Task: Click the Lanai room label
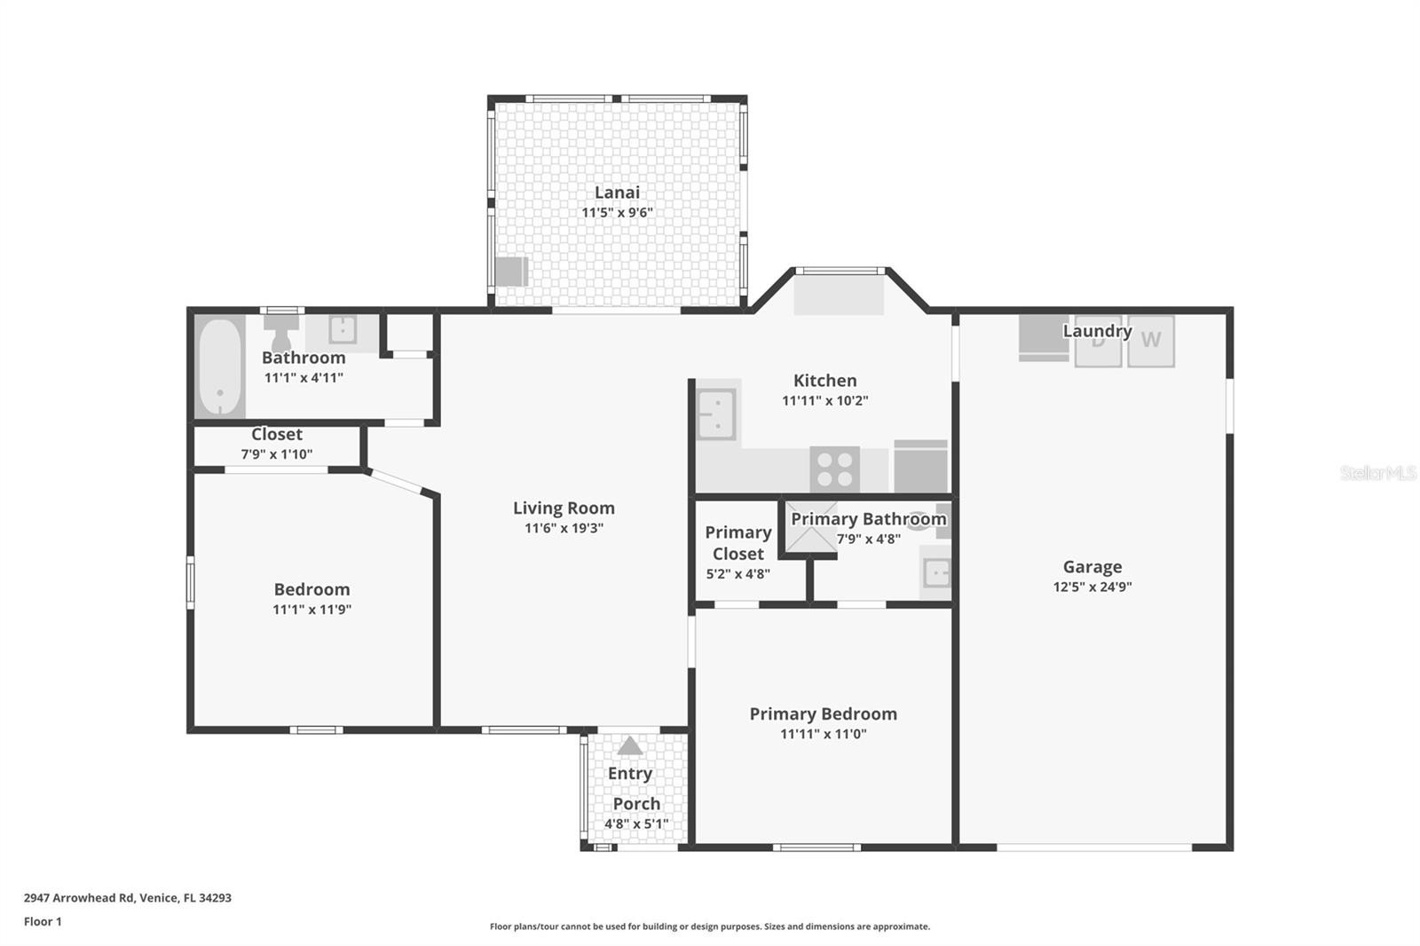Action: click(x=617, y=192)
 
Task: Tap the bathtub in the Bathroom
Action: click(x=219, y=367)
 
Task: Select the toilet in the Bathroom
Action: click(x=281, y=332)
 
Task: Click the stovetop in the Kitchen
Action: click(x=834, y=469)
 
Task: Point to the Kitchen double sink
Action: click(x=716, y=414)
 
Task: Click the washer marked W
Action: click(x=1150, y=341)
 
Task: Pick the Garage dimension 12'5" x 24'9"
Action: click(x=1093, y=587)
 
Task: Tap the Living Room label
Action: click(x=564, y=508)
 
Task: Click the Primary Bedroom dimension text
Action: click(x=823, y=734)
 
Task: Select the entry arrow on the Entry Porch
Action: click(x=629, y=745)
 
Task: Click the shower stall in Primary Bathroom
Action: click(x=811, y=527)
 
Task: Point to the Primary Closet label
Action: click(x=738, y=543)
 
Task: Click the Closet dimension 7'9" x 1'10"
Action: click(x=276, y=454)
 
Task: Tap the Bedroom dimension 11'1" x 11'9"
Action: click(x=312, y=610)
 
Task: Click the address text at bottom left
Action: click(x=128, y=898)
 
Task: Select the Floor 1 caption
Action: click(x=43, y=921)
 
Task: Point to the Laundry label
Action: click(x=1097, y=331)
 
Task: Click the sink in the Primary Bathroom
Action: click(x=935, y=573)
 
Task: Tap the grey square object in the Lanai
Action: click(x=511, y=272)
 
